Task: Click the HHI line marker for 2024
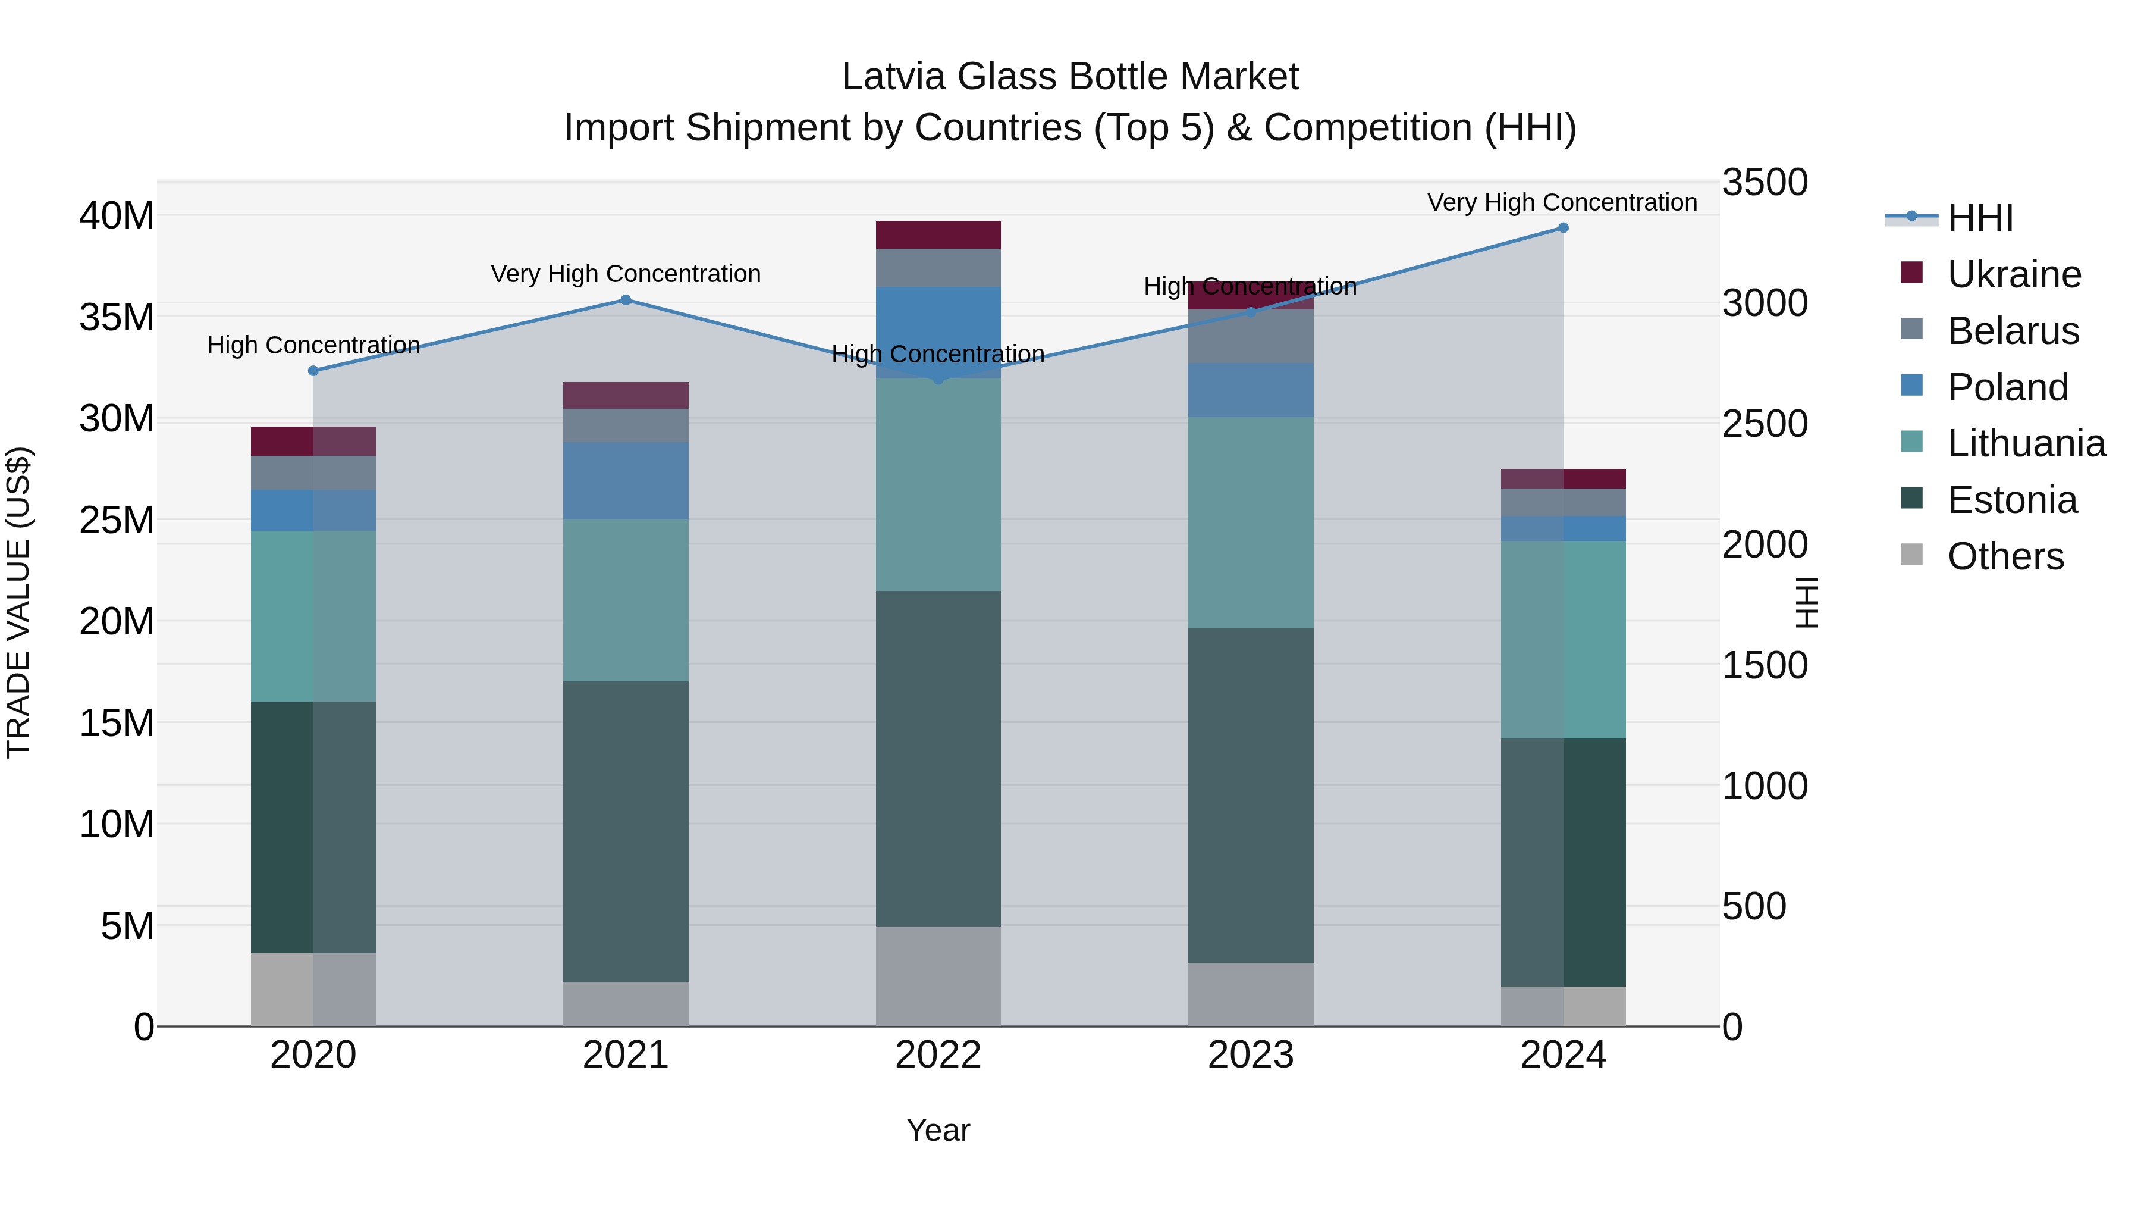pyautogui.click(x=1562, y=228)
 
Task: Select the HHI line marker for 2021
pyautogui.click(x=626, y=301)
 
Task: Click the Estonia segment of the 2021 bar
pyautogui.click(x=626, y=832)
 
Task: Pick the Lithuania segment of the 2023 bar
pyautogui.click(x=1250, y=522)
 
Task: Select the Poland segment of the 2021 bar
pyautogui.click(x=626, y=481)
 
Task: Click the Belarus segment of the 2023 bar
pyautogui.click(x=1250, y=336)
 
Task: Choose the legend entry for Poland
pyautogui.click(x=2007, y=387)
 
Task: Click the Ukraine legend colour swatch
pyautogui.click(x=1911, y=273)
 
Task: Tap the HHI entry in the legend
pyautogui.click(x=1979, y=218)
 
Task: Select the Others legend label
pyautogui.click(x=2005, y=556)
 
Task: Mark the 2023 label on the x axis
pyautogui.click(x=1250, y=1055)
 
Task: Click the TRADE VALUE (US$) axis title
pyautogui.click(x=18, y=602)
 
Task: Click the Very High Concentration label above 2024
pyautogui.click(x=1562, y=202)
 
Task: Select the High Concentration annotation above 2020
pyautogui.click(x=313, y=345)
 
